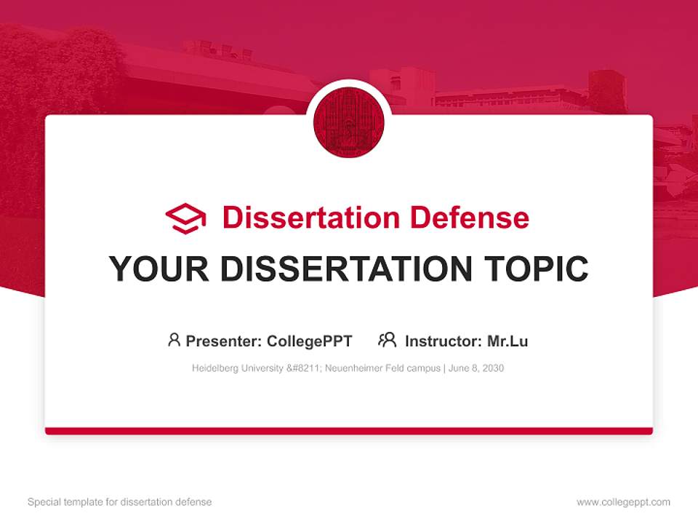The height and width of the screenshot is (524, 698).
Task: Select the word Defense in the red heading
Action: tap(469, 218)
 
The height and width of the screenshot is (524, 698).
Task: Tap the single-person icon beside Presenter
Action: tap(174, 340)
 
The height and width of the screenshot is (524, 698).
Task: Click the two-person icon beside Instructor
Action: tap(387, 340)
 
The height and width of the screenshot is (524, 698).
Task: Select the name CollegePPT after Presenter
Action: tap(309, 341)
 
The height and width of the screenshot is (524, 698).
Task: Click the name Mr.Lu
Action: tap(507, 341)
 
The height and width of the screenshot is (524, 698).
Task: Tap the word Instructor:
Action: tap(443, 341)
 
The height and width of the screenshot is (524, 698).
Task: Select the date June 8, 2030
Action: tap(476, 368)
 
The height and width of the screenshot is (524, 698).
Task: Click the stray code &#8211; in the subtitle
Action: tap(304, 368)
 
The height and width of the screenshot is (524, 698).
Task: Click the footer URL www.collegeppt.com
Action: tap(623, 502)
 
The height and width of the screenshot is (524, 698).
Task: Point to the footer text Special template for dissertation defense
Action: tap(119, 502)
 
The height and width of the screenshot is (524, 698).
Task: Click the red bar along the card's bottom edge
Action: tap(349, 431)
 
